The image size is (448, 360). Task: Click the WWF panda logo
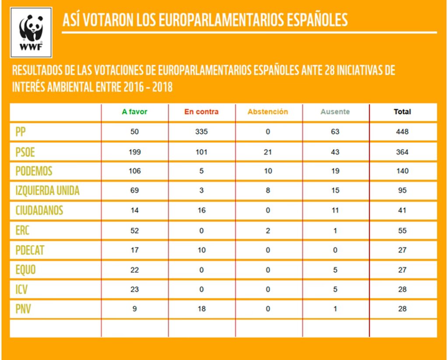31,32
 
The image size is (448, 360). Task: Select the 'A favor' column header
135,112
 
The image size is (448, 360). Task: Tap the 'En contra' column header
201,112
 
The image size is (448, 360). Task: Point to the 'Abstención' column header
268,112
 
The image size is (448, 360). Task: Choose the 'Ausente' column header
335,112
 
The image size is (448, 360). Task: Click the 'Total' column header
402,112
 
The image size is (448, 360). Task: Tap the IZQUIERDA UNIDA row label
48,190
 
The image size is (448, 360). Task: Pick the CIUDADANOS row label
39,210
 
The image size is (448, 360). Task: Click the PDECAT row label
30,250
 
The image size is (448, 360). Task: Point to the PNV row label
23,309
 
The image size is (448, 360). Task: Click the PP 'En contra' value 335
201,132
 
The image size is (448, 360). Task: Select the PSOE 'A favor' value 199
135,152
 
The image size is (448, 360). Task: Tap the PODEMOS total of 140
402,171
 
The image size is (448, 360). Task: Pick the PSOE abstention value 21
268,152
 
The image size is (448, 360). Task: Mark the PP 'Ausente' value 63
335,132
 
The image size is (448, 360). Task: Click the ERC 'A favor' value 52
135,231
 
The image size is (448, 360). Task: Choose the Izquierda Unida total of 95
402,190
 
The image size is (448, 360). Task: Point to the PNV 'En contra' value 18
201,309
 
